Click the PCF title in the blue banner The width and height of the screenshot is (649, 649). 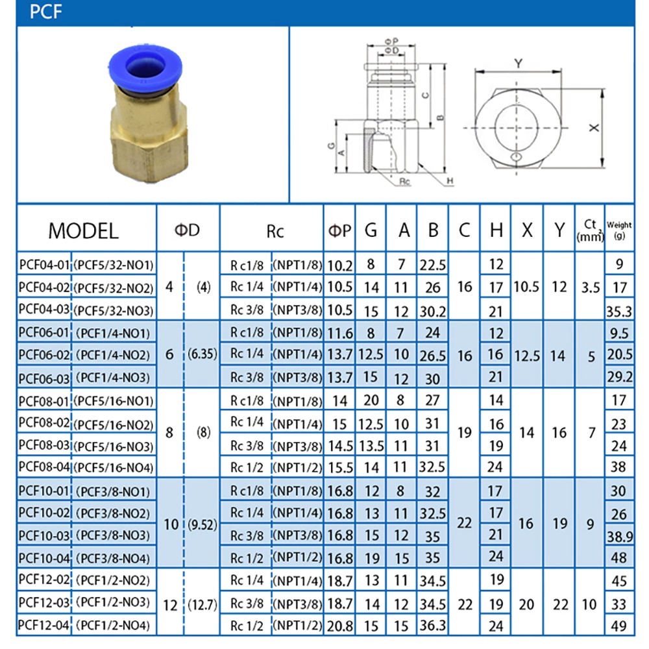point(45,12)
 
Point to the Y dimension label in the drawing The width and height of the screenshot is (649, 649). point(518,64)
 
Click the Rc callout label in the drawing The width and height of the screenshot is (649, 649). point(404,181)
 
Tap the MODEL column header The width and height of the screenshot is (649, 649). point(83,230)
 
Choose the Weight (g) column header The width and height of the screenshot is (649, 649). point(619,230)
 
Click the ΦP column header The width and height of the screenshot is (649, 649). point(339,230)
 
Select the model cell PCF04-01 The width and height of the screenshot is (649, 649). point(44,265)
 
